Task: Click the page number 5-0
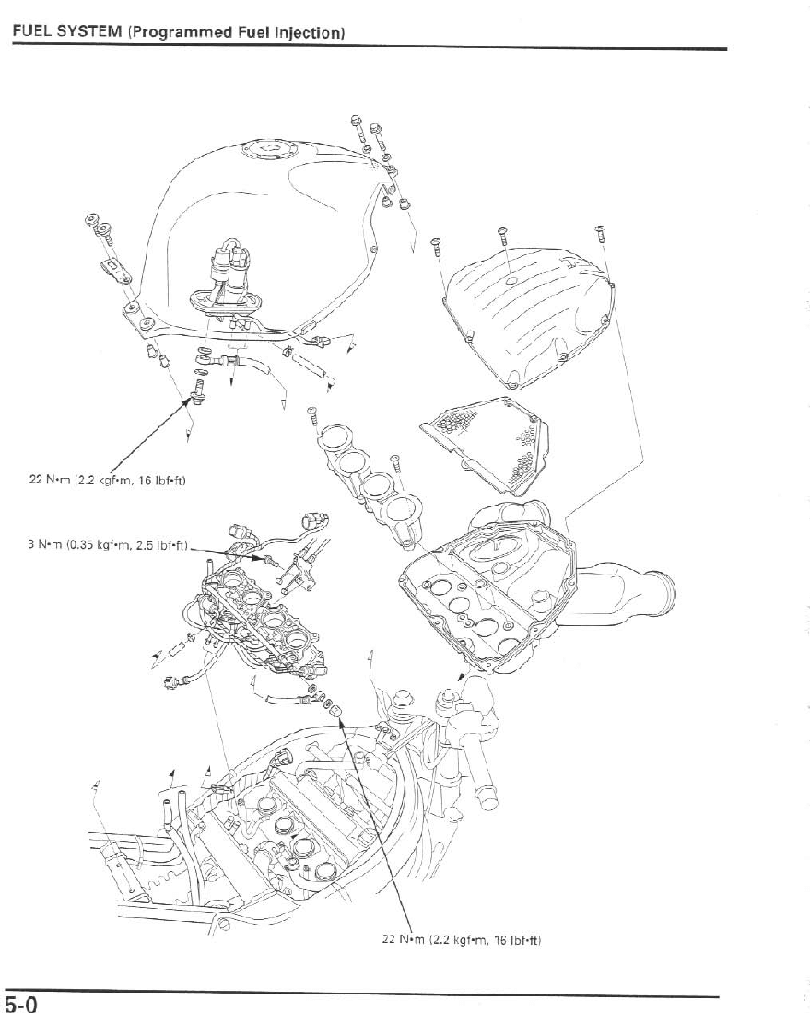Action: [x=20, y=1005]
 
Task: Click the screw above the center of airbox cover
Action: [x=502, y=237]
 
